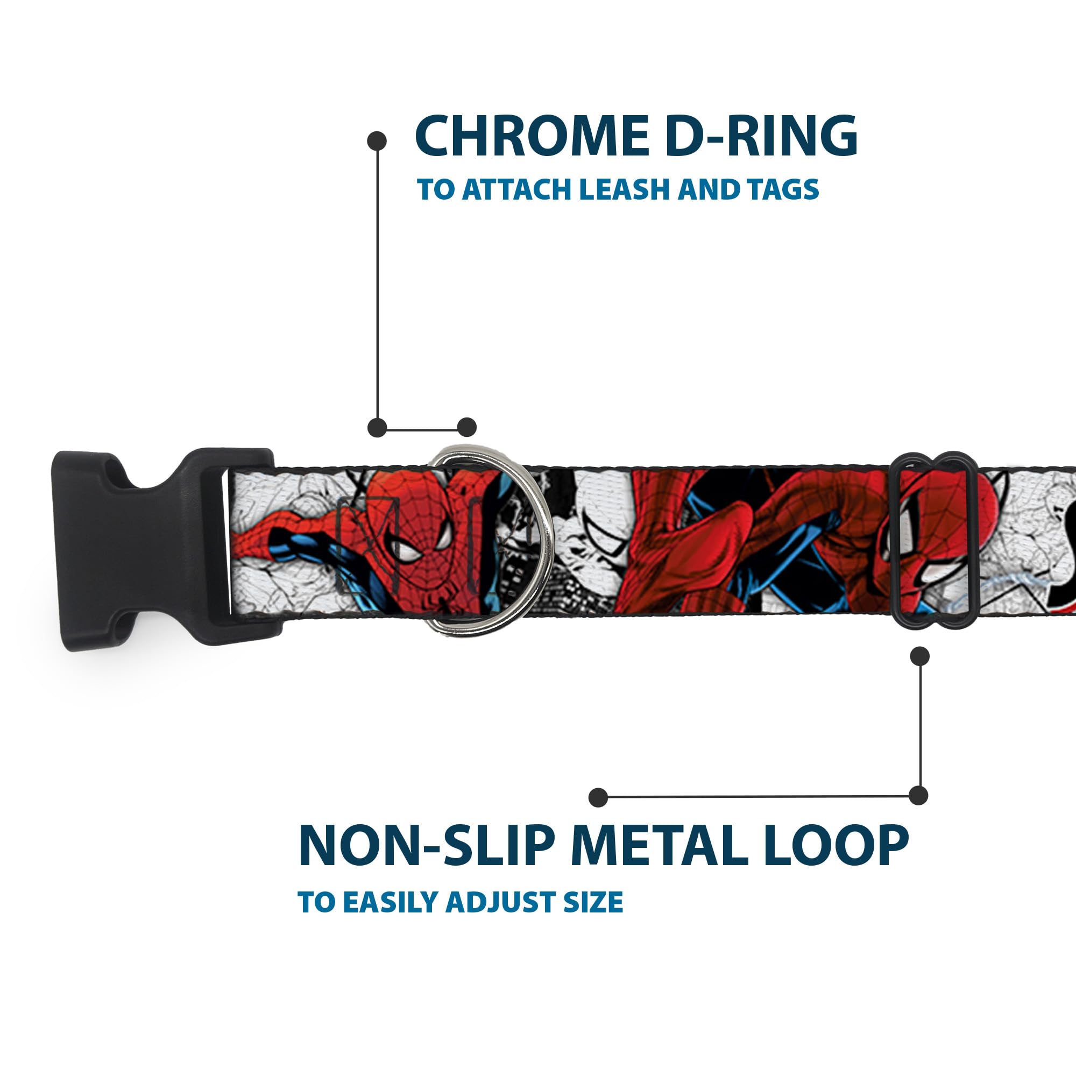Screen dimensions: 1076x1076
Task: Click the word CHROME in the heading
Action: (527, 137)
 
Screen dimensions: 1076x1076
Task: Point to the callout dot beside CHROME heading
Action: (377, 141)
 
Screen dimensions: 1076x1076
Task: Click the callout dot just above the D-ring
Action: (466, 427)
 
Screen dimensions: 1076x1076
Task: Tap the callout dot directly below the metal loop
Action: (919, 656)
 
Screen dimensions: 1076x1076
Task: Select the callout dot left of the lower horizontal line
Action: (598, 797)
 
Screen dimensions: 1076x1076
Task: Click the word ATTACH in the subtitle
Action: (518, 189)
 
